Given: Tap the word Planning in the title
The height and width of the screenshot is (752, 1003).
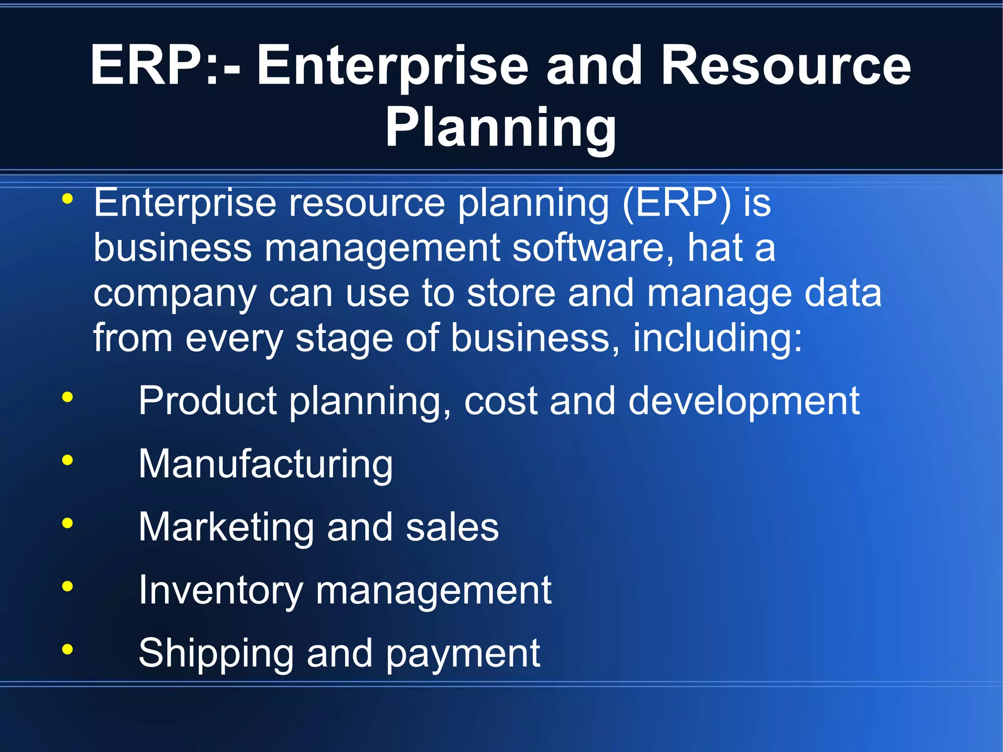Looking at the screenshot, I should pyautogui.click(x=501, y=127).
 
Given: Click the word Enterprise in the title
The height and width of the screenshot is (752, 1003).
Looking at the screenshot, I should pyautogui.click(x=392, y=67).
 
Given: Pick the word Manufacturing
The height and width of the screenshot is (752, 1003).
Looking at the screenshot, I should pyautogui.click(x=265, y=464).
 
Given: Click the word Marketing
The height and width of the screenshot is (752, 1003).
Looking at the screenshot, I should pyautogui.click(x=226, y=527).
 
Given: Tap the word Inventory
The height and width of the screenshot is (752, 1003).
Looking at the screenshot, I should pyautogui.click(x=221, y=590).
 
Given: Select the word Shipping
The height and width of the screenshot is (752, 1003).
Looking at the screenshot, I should pyautogui.click(x=216, y=654).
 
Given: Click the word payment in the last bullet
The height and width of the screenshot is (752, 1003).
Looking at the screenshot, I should pyautogui.click(x=463, y=654).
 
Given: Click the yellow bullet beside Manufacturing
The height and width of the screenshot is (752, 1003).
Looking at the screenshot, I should pyautogui.click(x=68, y=460).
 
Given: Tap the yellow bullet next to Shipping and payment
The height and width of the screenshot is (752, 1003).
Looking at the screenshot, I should pyautogui.click(x=68, y=650).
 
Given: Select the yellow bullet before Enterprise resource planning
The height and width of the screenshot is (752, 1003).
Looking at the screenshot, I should pyautogui.click(x=68, y=199).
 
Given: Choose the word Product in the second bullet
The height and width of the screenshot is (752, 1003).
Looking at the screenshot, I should pyautogui.click(x=208, y=401).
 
